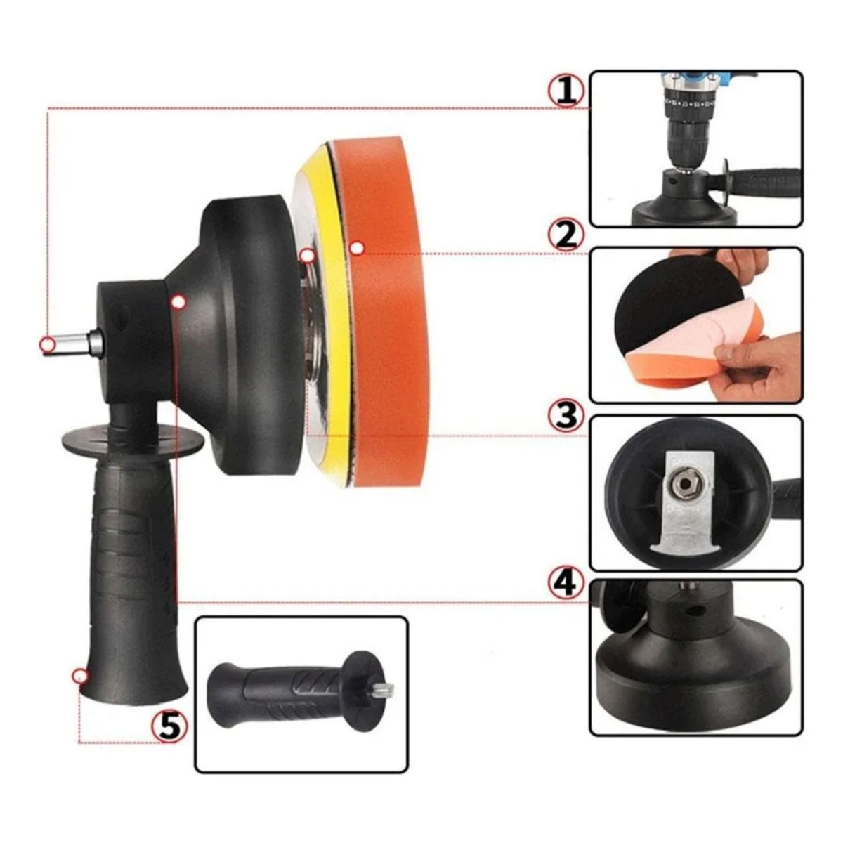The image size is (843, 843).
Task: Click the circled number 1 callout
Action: click(566, 91)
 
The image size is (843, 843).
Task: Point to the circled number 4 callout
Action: click(566, 582)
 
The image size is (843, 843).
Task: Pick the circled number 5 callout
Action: click(169, 724)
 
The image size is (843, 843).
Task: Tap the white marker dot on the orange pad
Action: click(357, 248)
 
